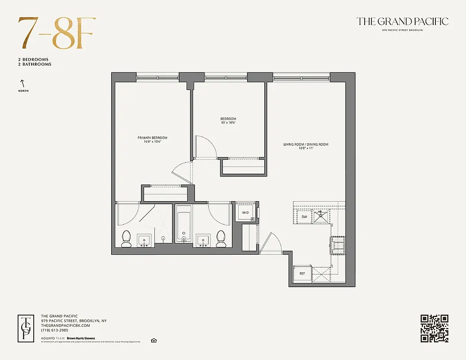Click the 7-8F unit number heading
(57, 33)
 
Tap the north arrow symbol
(21, 84)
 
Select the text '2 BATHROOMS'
(35, 64)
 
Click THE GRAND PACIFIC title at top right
(402, 21)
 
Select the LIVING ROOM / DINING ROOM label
(306, 144)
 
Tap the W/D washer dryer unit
(246, 212)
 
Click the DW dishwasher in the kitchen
(304, 217)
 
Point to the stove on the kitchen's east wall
(338, 245)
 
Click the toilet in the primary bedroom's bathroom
(127, 238)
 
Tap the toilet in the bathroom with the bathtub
(221, 238)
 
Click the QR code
(434, 328)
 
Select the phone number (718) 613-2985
(54, 330)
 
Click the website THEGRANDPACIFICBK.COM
(65, 325)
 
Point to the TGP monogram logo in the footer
(26, 328)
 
